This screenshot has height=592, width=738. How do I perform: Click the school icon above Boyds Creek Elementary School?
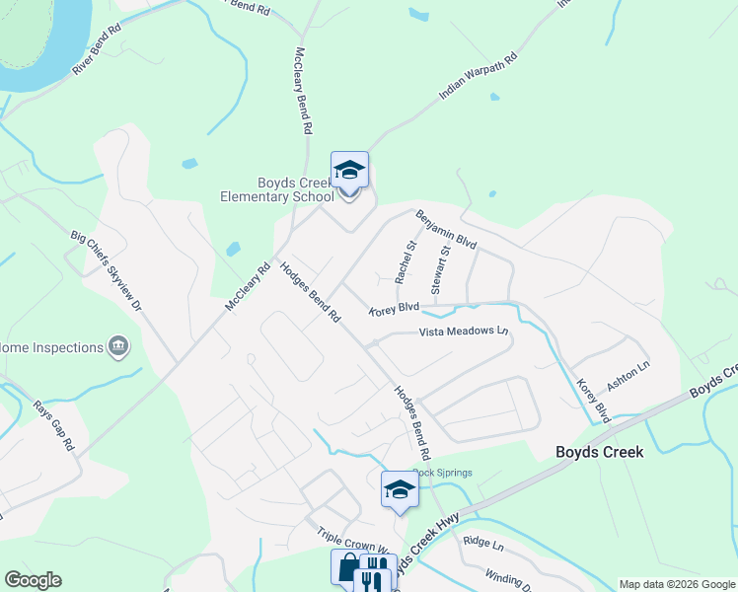(x=349, y=172)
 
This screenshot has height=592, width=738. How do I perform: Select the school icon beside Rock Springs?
(x=400, y=489)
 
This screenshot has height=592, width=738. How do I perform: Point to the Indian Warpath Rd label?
(x=479, y=77)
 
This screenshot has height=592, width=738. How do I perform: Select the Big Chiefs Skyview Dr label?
(x=108, y=270)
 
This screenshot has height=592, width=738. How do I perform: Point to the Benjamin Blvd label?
(x=446, y=229)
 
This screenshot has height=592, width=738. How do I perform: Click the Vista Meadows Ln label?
(x=463, y=332)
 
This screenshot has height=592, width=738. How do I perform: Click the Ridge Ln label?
(x=483, y=544)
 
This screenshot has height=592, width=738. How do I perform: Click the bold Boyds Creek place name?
(x=599, y=452)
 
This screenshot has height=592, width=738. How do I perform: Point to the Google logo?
(x=33, y=580)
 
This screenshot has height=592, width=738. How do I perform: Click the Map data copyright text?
(x=676, y=584)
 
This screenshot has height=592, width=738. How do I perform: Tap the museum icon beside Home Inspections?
(x=118, y=346)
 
